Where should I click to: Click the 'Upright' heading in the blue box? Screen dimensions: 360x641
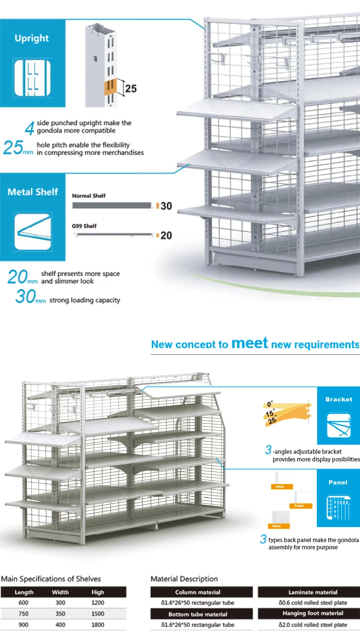coord(32,38)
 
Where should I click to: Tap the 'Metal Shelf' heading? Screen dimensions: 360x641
coord(33,192)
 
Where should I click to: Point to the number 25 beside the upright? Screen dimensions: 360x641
coord(131,88)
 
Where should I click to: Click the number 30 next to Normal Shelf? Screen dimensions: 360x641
coord(166,206)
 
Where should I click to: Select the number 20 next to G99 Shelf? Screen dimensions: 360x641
coord(166,235)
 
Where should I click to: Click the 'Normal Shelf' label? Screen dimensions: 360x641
coord(89,196)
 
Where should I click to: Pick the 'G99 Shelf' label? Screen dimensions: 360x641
coord(84,226)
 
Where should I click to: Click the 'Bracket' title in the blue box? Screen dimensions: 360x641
coord(338,399)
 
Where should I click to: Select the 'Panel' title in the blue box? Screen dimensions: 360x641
coord(338,482)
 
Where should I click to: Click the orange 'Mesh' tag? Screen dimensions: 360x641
coord(280,487)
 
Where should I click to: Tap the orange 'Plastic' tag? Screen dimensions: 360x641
coord(300,506)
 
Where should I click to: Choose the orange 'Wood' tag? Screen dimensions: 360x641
coord(276,526)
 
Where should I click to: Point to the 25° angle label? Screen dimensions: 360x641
coord(272,421)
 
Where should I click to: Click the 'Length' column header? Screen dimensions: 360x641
coord(24,592)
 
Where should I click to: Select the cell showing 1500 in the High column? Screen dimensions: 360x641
coord(97,614)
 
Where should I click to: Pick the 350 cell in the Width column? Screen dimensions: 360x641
coord(60,614)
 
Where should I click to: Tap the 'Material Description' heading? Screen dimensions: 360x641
coord(184,579)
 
